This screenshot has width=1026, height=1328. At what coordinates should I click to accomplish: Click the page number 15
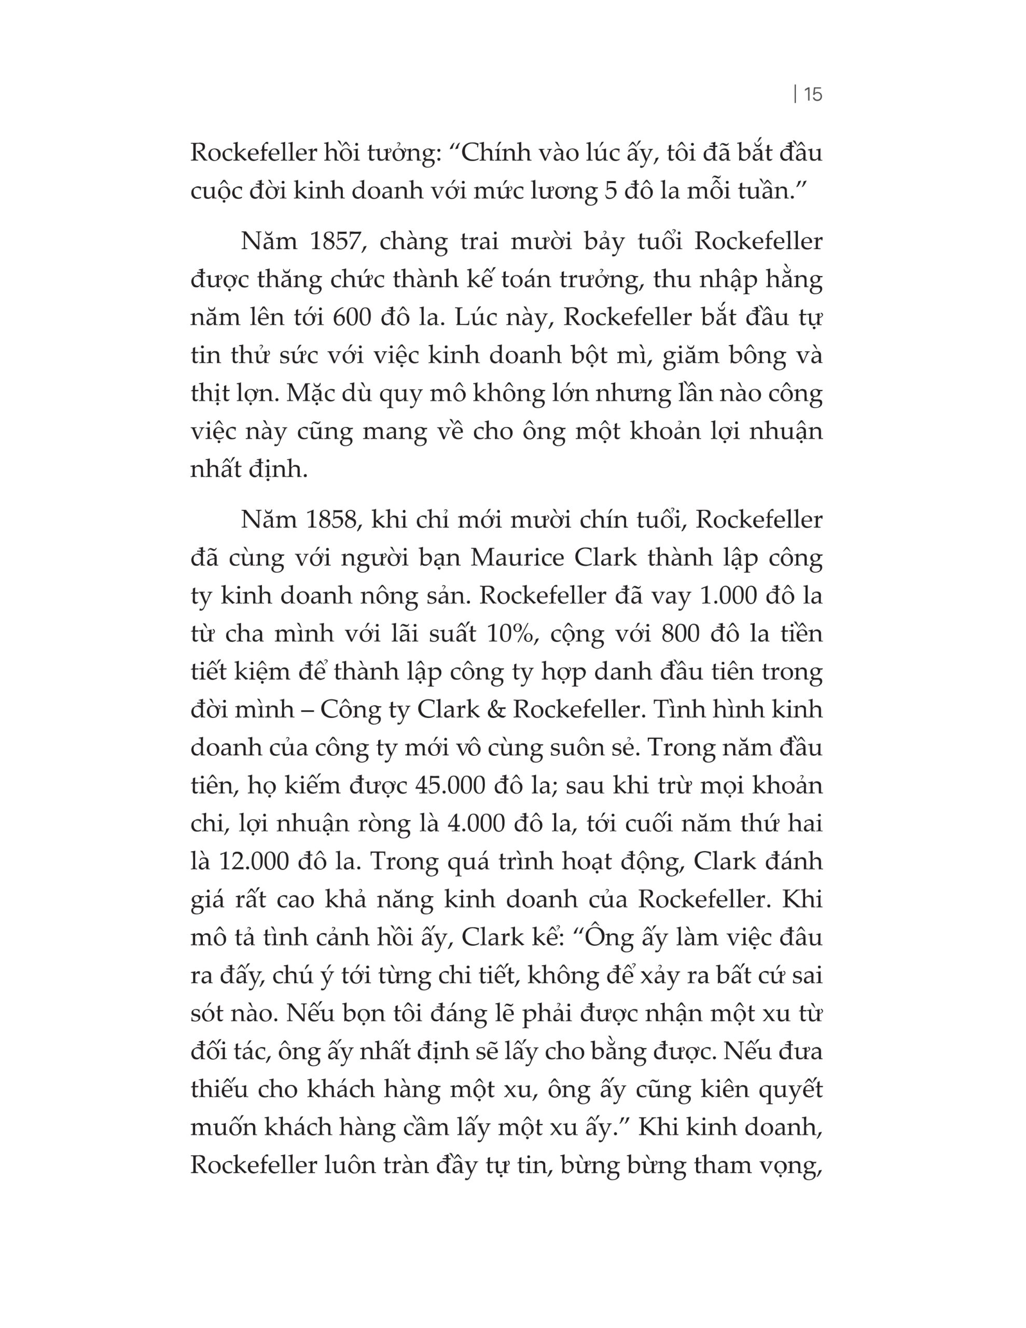[812, 94]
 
